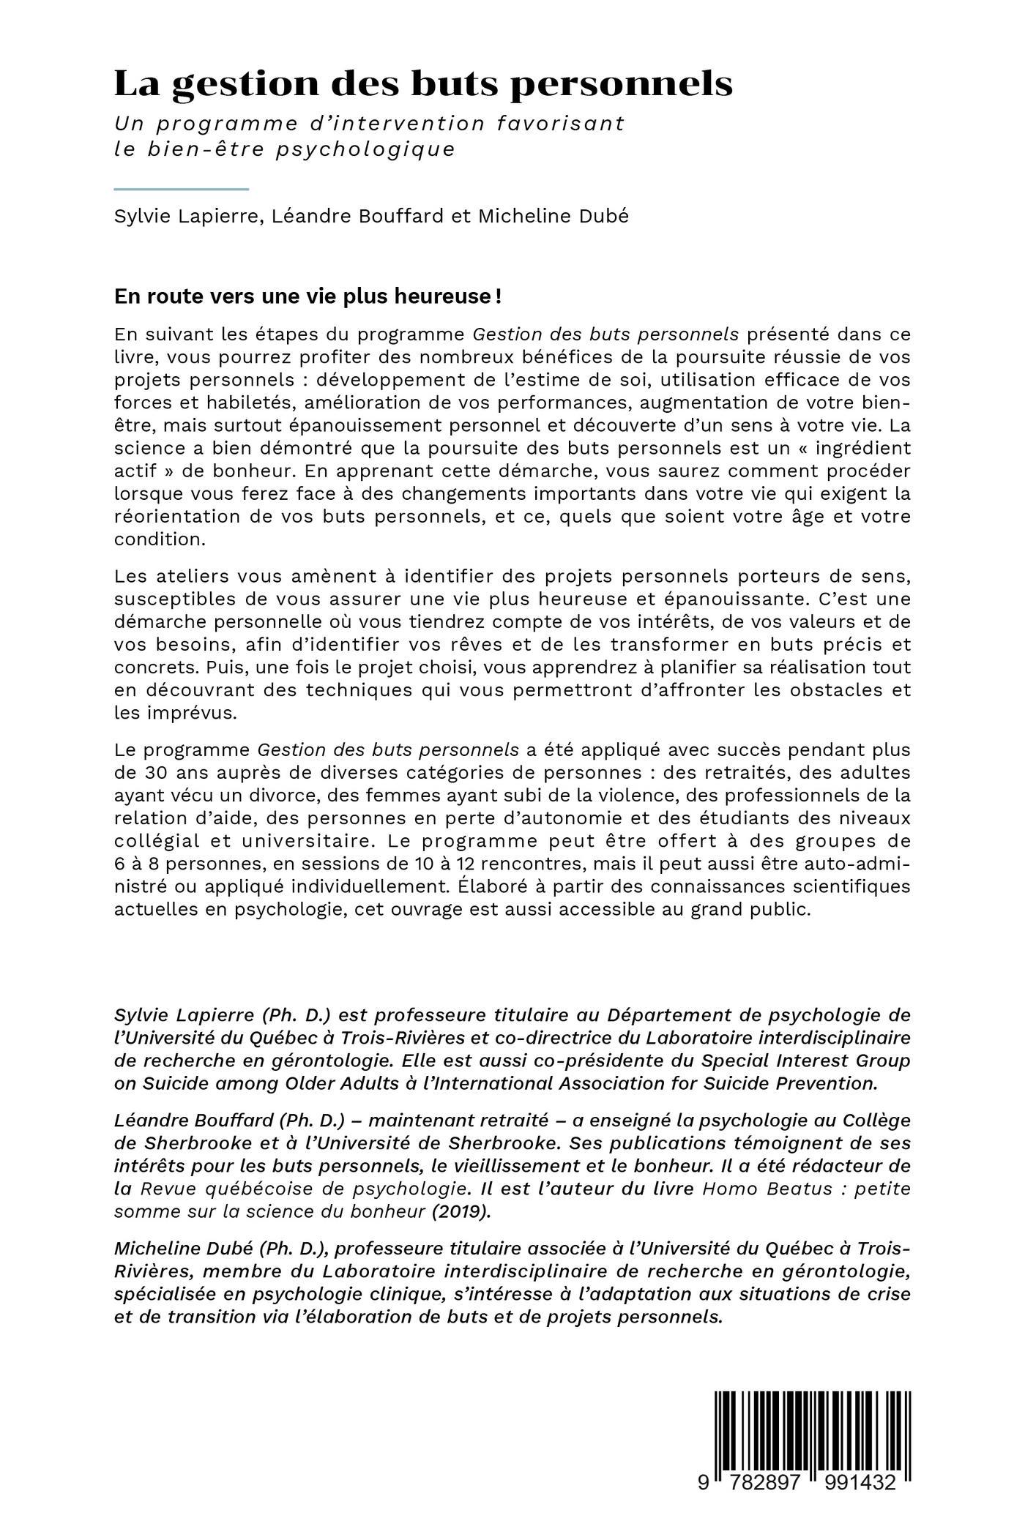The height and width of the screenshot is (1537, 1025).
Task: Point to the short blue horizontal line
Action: [182, 189]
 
